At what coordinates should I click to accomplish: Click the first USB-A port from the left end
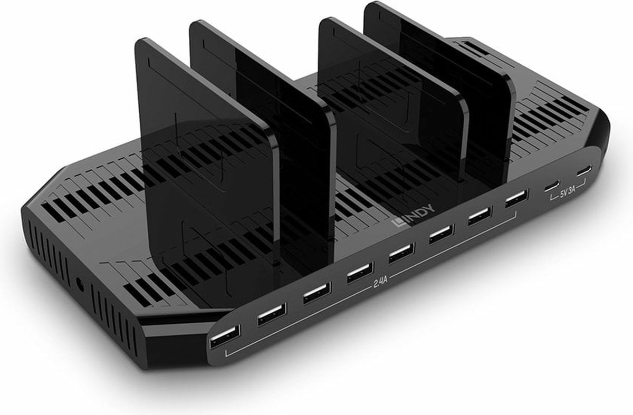pyautogui.click(x=225, y=336)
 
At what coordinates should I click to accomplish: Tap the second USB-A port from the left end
pyautogui.click(x=272, y=314)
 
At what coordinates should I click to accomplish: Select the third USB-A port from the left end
pyautogui.click(x=317, y=293)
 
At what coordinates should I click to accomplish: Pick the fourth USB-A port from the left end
pyautogui.click(x=360, y=273)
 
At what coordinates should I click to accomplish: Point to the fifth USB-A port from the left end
pyautogui.click(x=401, y=253)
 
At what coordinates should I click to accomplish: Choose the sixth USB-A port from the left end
pyautogui.click(x=442, y=234)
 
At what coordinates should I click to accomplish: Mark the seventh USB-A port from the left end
pyautogui.click(x=480, y=216)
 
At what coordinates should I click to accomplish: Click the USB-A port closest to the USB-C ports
pyautogui.click(x=516, y=199)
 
